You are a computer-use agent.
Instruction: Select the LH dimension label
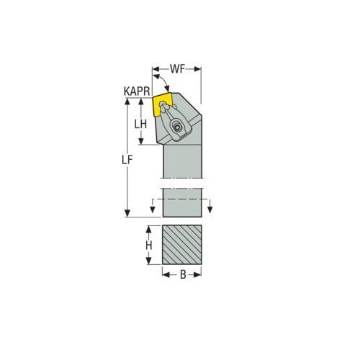click(143, 123)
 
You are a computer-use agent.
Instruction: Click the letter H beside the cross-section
click(148, 245)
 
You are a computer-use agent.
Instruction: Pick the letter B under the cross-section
click(181, 274)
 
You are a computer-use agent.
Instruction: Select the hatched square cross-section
click(181, 245)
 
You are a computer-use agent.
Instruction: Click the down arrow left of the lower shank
click(153, 209)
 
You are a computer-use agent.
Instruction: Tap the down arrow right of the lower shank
click(210, 209)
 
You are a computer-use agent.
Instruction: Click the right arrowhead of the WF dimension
click(199, 70)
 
